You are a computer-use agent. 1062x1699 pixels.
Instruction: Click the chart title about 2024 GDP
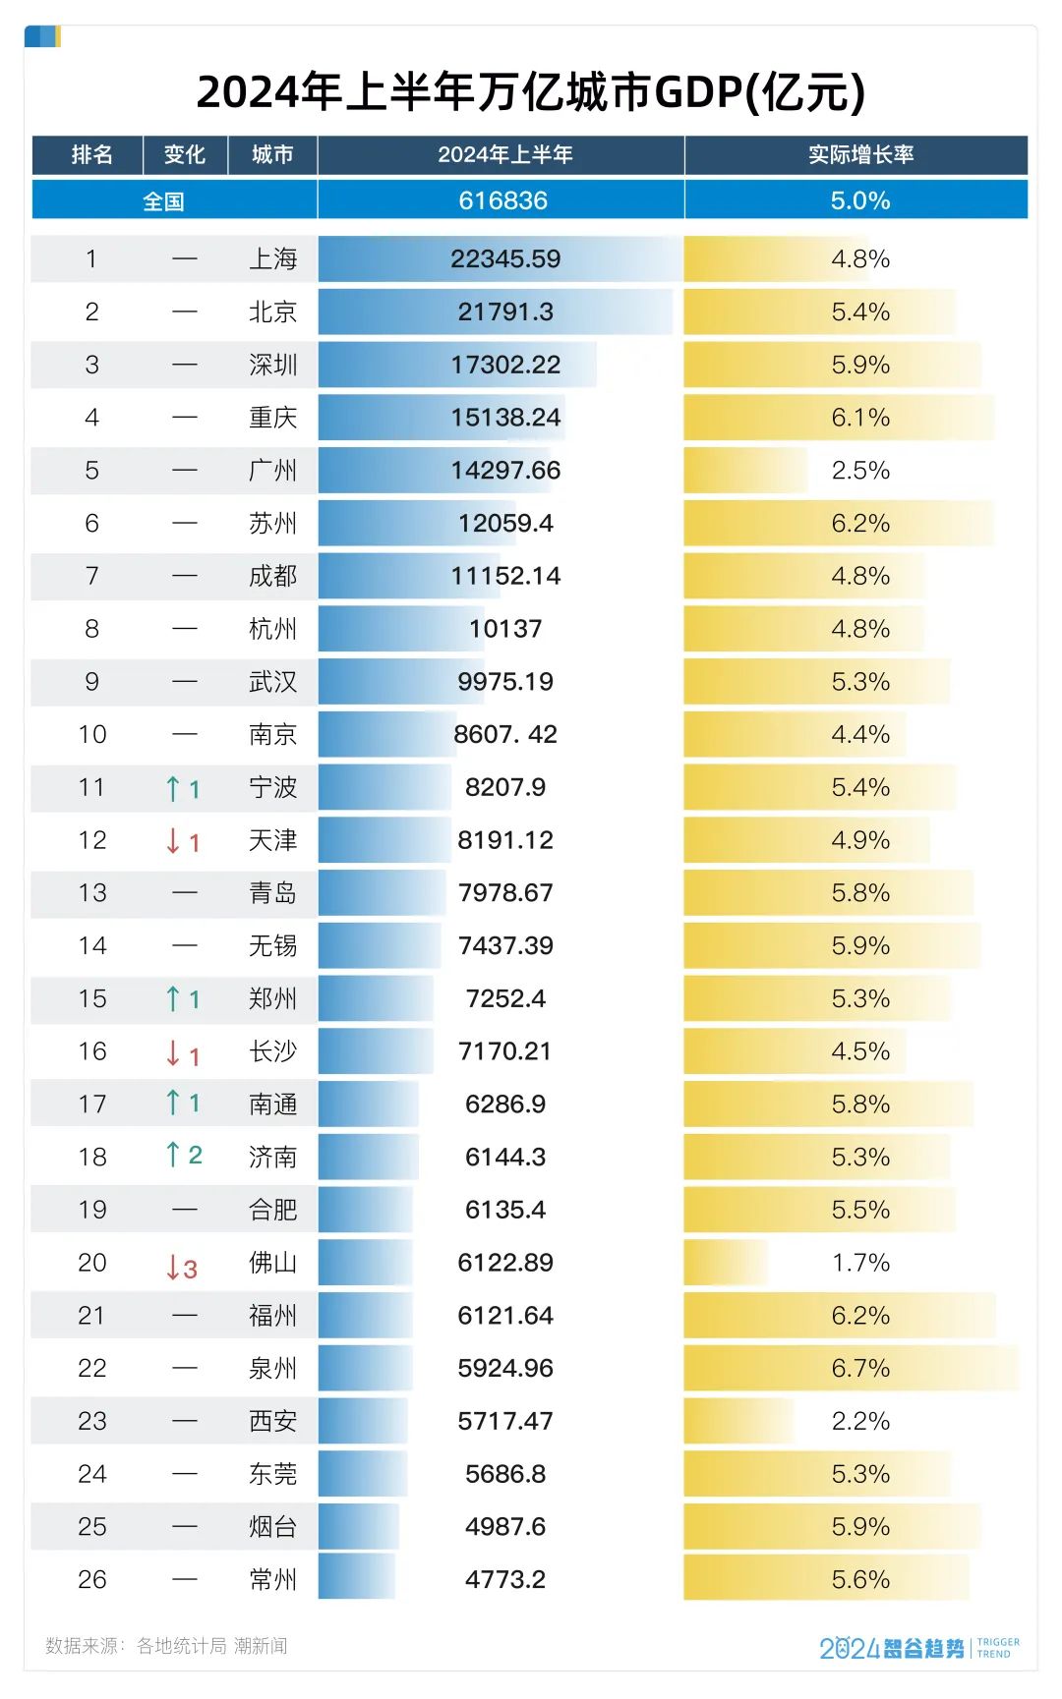[531, 92]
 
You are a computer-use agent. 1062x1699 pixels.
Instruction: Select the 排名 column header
[91, 155]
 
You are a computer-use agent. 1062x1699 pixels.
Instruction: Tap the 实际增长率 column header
[860, 155]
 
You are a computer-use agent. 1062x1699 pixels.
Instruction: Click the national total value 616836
[502, 200]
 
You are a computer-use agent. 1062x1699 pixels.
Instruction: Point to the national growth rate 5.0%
[860, 200]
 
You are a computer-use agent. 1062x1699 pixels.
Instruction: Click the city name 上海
[272, 259]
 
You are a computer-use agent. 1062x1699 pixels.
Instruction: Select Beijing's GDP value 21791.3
[505, 312]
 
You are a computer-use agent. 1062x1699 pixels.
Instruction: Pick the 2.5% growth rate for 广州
[860, 471]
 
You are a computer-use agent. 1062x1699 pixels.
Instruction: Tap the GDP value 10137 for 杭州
[505, 629]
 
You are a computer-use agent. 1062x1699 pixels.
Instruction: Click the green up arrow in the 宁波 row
[174, 788]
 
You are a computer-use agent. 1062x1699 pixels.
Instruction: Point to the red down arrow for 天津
[174, 841]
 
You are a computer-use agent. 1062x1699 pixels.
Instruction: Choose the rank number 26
[91, 1579]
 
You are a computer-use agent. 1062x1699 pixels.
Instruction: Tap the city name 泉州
[272, 1368]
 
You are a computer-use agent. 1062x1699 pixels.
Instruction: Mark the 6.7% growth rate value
[860, 1368]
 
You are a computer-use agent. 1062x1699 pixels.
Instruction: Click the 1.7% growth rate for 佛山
[860, 1263]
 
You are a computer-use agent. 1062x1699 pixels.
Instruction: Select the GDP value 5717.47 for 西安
[505, 1421]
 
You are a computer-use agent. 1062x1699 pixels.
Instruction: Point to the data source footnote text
[166, 1646]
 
